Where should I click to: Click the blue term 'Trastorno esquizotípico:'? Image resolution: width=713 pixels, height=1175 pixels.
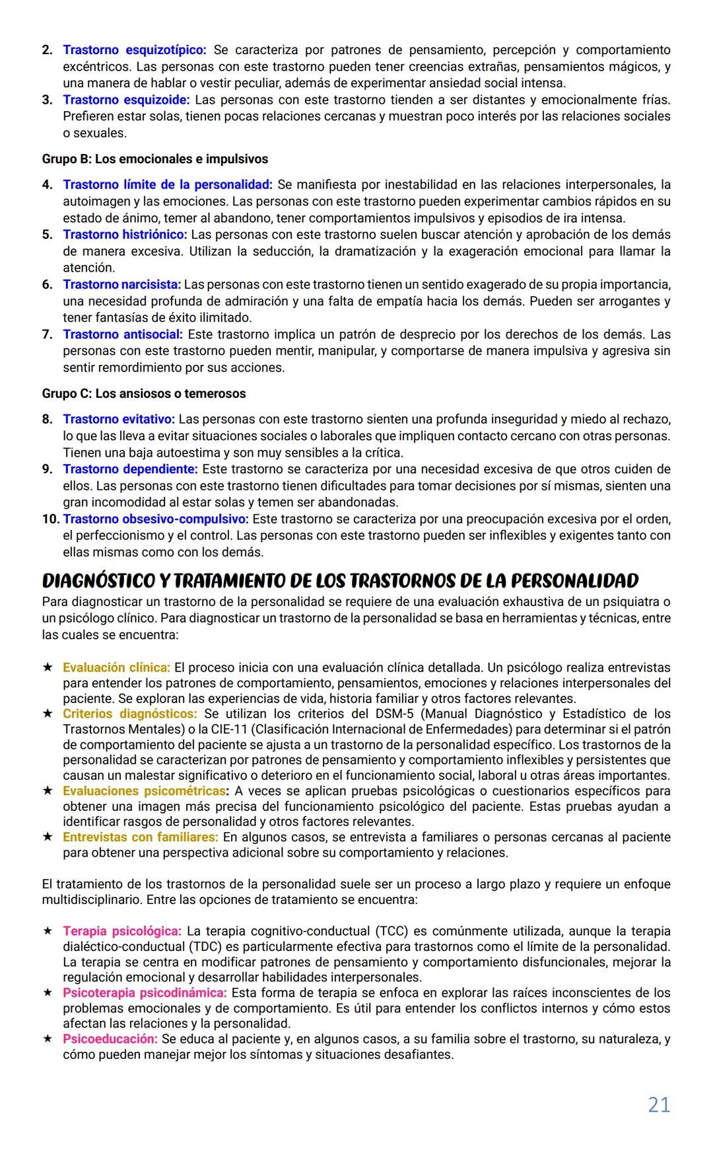click(x=135, y=50)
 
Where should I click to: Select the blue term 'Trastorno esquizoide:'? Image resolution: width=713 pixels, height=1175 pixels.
click(x=126, y=100)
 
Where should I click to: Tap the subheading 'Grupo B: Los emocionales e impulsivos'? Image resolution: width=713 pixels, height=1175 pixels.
click(x=155, y=159)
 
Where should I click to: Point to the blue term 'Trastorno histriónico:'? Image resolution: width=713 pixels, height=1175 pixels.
click(x=125, y=235)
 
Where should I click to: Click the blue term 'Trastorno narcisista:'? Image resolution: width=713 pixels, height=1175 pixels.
click(x=121, y=285)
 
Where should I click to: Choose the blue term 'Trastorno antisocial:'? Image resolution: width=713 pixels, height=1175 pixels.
click(x=123, y=334)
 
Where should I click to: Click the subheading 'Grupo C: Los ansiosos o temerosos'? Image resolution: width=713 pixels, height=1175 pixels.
click(x=144, y=394)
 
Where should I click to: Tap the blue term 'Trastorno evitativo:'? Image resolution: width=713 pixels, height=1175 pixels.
click(x=119, y=420)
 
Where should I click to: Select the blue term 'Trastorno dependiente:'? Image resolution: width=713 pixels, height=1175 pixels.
click(x=130, y=469)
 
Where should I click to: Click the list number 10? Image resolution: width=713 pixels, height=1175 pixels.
click(x=50, y=519)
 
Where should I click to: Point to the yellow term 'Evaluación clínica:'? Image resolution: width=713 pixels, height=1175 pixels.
click(x=116, y=667)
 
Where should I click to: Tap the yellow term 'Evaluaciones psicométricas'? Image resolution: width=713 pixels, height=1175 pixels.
click(x=144, y=791)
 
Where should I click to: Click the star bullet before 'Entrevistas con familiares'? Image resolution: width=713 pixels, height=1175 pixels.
click(x=48, y=837)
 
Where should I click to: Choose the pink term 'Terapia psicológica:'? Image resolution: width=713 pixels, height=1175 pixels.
click(x=121, y=931)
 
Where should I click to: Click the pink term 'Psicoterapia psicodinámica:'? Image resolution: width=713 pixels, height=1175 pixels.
click(x=145, y=993)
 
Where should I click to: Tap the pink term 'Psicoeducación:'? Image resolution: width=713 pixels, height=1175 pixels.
click(x=110, y=1039)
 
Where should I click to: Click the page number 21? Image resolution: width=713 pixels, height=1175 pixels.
click(x=658, y=1105)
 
